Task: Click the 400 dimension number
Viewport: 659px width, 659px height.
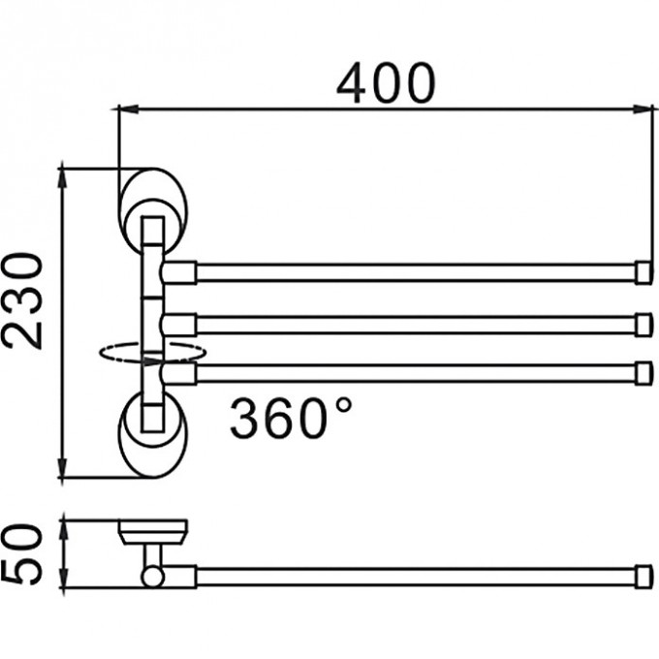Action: pyautogui.click(x=386, y=84)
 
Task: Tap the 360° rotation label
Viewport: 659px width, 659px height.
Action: pyautogui.click(x=291, y=418)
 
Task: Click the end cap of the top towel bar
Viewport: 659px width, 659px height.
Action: pyautogui.click(x=643, y=272)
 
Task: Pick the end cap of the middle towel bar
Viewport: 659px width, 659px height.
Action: pyautogui.click(x=643, y=324)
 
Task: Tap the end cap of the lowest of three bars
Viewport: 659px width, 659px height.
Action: pyautogui.click(x=643, y=373)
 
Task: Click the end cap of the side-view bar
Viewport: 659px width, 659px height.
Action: pyautogui.click(x=643, y=578)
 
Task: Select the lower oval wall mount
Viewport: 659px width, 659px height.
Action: pyautogui.click(x=153, y=436)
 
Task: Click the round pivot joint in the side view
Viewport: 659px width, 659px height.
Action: pyautogui.click(x=152, y=578)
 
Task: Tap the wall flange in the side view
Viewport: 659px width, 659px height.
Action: pyautogui.click(x=152, y=530)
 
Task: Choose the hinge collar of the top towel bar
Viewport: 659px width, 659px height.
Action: pyautogui.click(x=179, y=272)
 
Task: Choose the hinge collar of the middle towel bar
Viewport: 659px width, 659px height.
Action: pyautogui.click(x=179, y=324)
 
